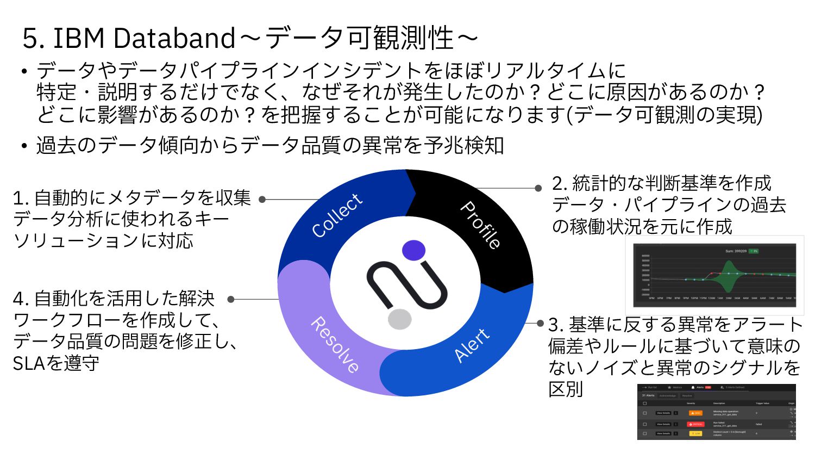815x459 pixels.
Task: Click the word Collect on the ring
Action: [x=337, y=215]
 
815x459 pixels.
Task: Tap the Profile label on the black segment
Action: [x=480, y=225]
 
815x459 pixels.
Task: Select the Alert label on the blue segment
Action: [x=472, y=345]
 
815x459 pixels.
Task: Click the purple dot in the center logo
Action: [x=413, y=250]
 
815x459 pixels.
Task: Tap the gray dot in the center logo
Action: [x=399, y=319]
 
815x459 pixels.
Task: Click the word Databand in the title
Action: [x=174, y=38]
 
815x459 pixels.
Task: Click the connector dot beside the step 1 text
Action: [x=262, y=200]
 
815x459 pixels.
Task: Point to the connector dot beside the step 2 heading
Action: [x=538, y=188]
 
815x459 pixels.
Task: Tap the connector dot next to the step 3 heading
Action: [x=540, y=323]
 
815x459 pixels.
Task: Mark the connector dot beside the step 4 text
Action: [x=231, y=299]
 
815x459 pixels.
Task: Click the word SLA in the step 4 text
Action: [x=28, y=363]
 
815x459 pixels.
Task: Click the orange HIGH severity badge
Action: [x=695, y=413]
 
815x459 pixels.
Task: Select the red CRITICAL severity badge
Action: [x=695, y=424]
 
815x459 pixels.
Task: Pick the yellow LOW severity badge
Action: [x=695, y=433]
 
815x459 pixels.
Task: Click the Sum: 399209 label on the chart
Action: [x=736, y=251]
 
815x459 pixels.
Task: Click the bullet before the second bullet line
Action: [x=24, y=146]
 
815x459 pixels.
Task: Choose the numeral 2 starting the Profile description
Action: [x=557, y=183]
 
